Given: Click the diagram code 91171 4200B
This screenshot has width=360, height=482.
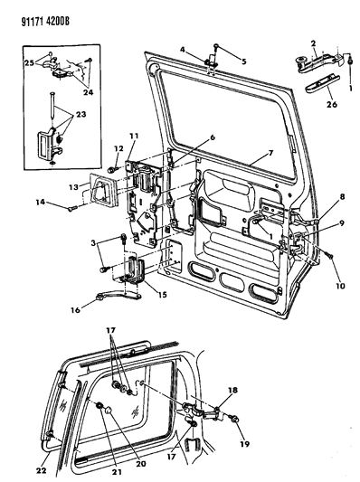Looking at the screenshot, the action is (45, 21).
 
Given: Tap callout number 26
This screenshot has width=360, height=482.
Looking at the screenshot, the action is (332, 104).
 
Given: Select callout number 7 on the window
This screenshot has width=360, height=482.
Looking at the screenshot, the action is (270, 152).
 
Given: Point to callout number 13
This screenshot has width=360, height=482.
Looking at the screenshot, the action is (73, 186).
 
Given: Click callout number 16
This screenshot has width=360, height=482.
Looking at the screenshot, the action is (76, 309).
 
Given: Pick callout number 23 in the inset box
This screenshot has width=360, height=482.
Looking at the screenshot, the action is (81, 114).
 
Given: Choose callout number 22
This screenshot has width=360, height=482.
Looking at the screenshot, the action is (42, 470).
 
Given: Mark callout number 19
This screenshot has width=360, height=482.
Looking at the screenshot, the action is (245, 444).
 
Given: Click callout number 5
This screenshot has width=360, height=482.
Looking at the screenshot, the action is (244, 61).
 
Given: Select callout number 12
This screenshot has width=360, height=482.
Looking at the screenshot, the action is (118, 148).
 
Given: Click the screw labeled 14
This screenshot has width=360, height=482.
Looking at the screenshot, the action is (71, 209).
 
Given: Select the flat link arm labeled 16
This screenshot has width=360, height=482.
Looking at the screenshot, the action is (118, 297).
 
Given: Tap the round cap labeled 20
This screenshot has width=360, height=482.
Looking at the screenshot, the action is (109, 411).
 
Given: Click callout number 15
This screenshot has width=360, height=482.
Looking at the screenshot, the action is (162, 295).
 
